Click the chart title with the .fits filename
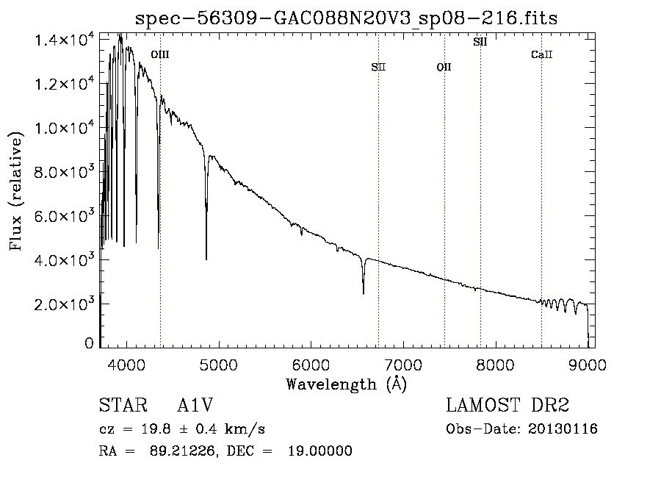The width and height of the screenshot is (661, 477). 346,18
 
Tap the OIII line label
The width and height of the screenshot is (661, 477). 160,54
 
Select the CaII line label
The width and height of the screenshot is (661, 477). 542,54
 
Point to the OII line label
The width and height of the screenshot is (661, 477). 444,67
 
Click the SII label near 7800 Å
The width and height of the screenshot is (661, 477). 480,42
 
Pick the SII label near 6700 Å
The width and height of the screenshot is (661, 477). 378,67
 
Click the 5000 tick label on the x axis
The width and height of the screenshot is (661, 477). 218,365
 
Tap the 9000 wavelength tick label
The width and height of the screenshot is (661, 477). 588,365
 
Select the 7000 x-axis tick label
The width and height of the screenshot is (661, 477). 403,365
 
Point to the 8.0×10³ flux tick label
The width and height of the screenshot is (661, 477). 64,172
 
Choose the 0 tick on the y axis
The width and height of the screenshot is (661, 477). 89,343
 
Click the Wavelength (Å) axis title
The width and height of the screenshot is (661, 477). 347,384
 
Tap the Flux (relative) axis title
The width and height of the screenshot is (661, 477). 16,192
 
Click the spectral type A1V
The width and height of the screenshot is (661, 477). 195,405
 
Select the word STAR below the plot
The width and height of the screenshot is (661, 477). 123,405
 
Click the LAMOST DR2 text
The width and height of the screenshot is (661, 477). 508,405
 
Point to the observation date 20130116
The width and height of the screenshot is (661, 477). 563,429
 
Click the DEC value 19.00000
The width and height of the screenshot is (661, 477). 320,451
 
